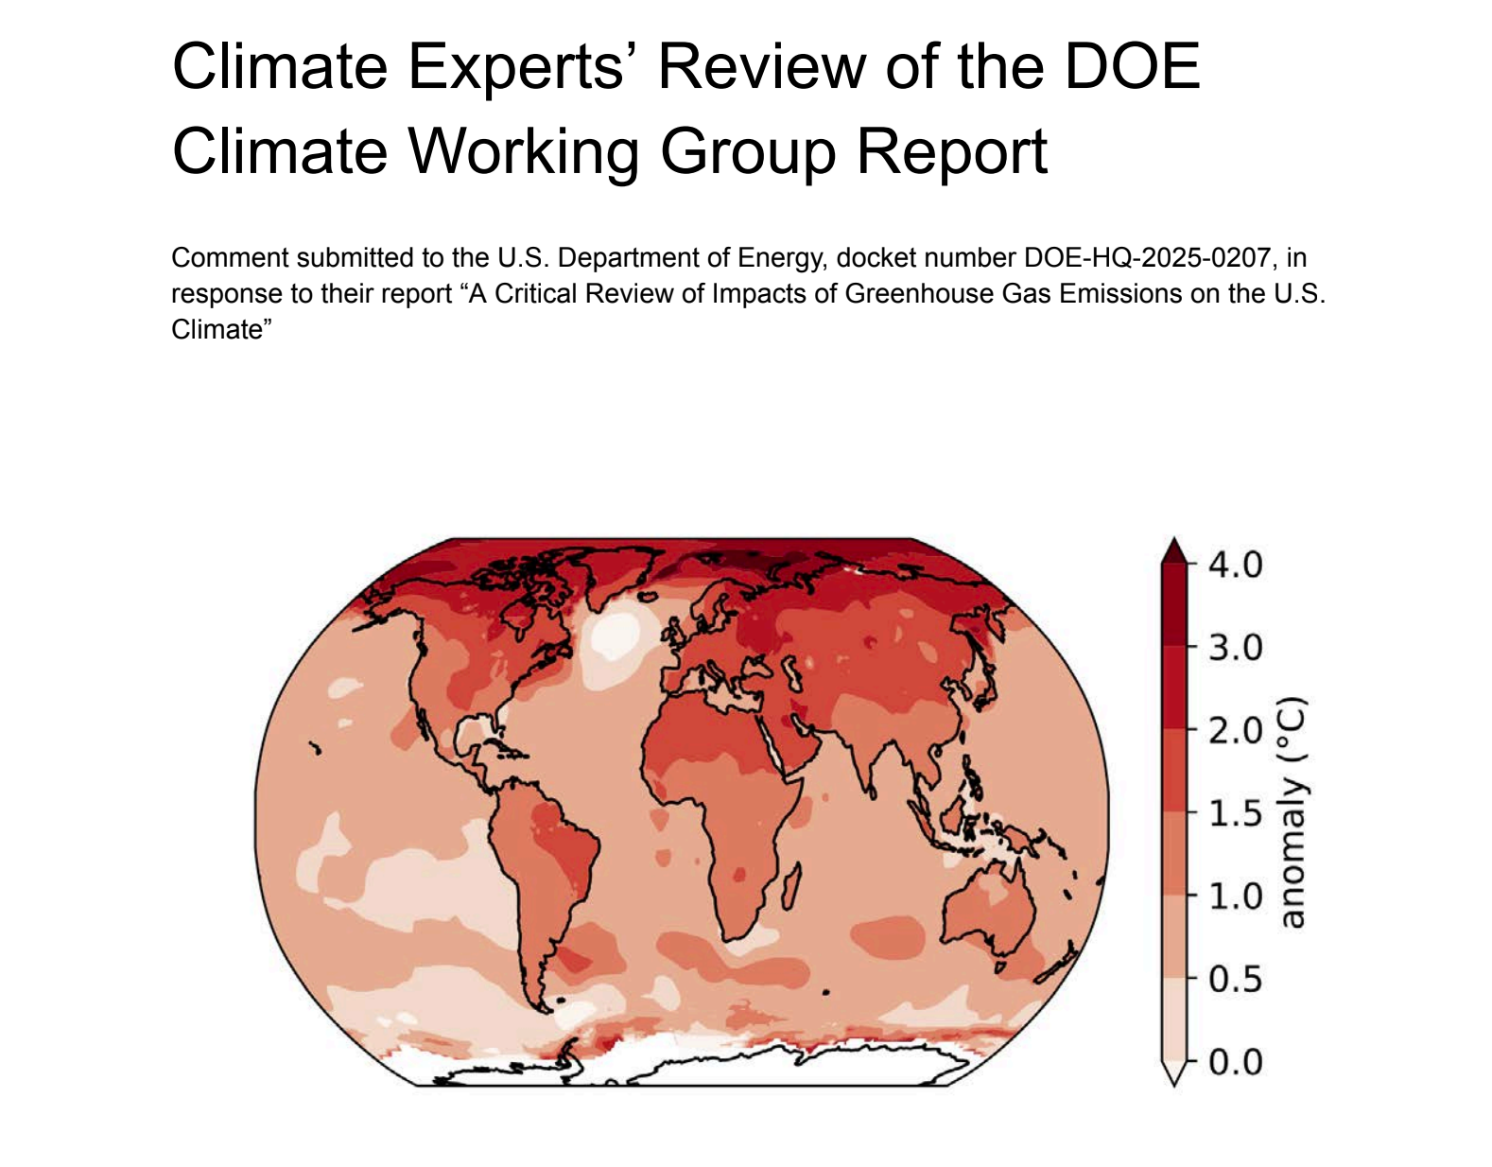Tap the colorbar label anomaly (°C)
click(x=1292, y=812)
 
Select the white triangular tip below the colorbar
click(x=1173, y=1074)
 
